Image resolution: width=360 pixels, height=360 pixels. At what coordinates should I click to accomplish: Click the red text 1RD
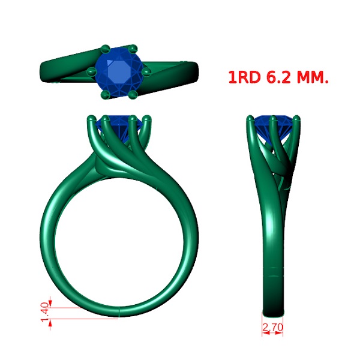point(245,77)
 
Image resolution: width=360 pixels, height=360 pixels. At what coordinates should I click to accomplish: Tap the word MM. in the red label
point(313,77)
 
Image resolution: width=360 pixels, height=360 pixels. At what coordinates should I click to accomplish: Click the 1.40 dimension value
point(45,312)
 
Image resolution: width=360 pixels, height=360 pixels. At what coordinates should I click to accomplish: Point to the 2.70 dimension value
point(272,327)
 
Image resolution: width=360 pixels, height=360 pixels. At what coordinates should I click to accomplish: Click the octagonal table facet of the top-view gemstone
point(119,72)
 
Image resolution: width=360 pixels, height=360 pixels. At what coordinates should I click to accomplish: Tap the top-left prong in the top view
point(106,49)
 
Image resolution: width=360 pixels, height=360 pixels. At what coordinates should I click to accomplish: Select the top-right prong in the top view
point(133,49)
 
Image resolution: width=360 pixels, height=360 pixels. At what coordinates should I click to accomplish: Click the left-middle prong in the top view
point(92,71)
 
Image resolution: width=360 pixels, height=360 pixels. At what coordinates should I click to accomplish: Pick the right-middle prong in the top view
point(146,72)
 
